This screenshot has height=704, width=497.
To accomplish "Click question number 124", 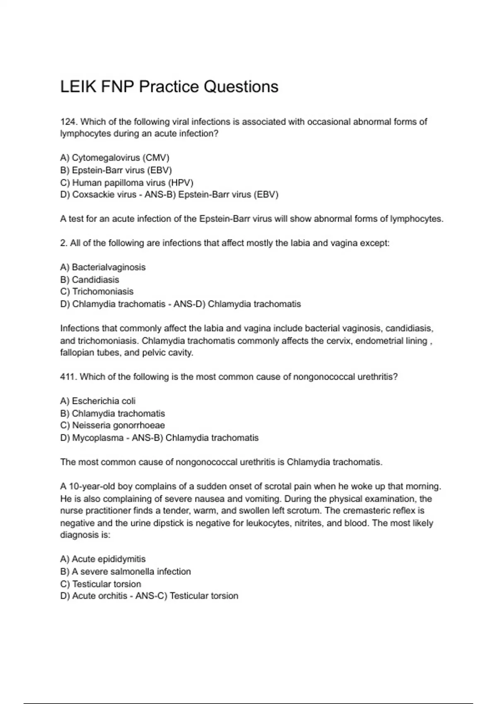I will click(x=69, y=122).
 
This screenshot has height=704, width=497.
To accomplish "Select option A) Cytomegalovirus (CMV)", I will click(x=115, y=158).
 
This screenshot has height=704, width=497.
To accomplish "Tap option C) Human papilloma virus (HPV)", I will click(x=127, y=183).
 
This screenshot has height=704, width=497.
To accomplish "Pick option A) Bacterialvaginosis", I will click(x=103, y=267).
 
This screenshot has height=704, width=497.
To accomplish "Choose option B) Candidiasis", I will click(x=89, y=280).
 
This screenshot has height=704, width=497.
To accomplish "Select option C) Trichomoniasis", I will click(x=97, y=292).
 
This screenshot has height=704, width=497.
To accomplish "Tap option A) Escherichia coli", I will click(x=98, y=401).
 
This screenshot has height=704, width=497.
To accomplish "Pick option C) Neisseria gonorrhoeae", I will click(x=112, y=425).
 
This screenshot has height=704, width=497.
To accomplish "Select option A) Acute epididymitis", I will click(x=103, y=559).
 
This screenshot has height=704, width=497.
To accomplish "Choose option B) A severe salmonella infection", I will click(x=125, y=571).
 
